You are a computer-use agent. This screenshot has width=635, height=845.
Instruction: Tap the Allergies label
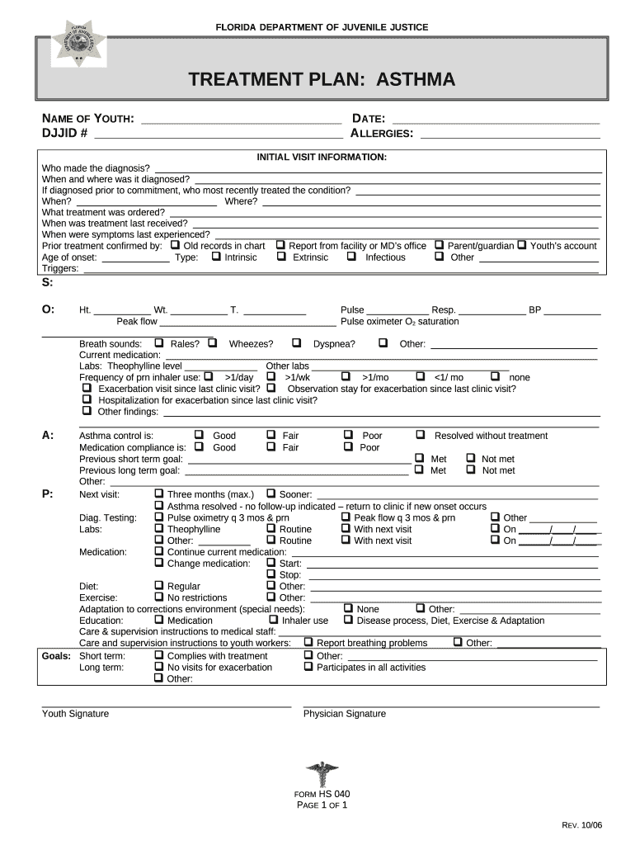pyautogui.click(x=382, y=134)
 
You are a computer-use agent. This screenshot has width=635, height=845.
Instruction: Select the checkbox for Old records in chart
pyautogui.click(x=175, y=245)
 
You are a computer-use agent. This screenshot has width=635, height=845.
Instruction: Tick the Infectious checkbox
pyautogui.click(x=351, y=257)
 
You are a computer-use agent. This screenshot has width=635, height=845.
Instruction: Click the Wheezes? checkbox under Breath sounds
pyautogui.click(x=213, y=342)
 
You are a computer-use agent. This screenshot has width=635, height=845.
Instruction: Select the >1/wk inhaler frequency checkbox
pyautogui.click(x=270, y=376)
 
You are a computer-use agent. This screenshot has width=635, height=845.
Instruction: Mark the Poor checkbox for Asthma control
pyautogui.click(x=348, y=435)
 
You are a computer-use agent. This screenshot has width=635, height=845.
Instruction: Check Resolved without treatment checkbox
pyautogui.click(x=421, y=435)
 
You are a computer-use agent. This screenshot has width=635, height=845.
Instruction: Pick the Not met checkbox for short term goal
pyautogui.click(x=471, y=458)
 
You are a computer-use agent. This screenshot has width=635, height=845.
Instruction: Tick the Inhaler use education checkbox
pyautogui.click(x=274, y=620)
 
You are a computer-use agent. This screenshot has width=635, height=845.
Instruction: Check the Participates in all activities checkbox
pyautogui.click(x=308, y=666)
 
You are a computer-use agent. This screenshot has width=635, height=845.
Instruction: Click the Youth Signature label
pyautogui.click(x=75, y=714)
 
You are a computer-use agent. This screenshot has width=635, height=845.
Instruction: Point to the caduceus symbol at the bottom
pyautogui.click(x=322, y=774)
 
